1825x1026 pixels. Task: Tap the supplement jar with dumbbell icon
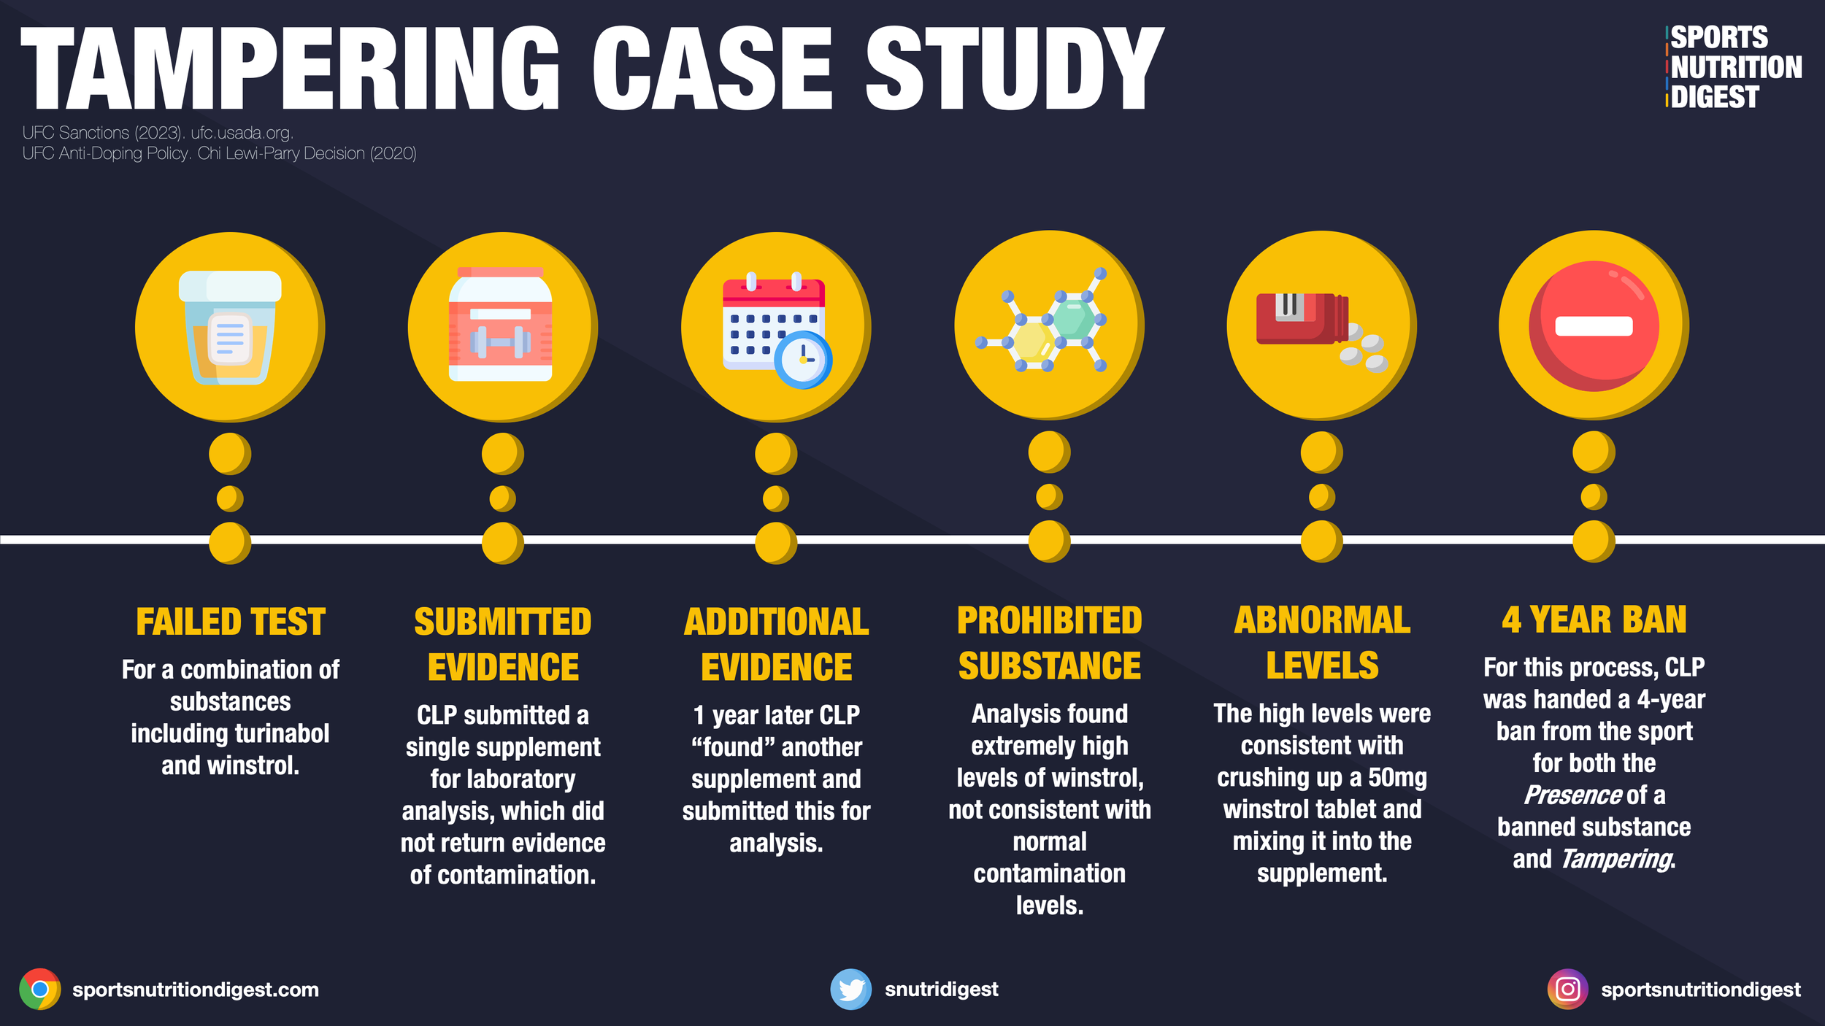point(501,325)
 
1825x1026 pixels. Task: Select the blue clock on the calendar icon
point(803,360)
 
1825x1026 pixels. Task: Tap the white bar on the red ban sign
point(1594,326)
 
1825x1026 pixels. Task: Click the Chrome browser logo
point(40,990)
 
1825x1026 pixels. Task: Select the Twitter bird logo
point(850,990)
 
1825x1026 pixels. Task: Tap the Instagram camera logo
point(1567,990)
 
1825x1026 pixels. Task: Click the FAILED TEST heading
point(230,622)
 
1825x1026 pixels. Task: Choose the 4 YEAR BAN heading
point(1594,620)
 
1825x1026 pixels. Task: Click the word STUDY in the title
point(1015,69)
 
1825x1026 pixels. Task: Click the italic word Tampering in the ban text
point(1616,860)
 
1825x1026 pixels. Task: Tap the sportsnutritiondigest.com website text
point(196,990)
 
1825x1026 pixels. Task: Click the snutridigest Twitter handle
point(941,990)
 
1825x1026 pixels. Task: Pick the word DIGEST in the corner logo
point(1715,97)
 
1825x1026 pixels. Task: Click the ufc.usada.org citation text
point(242,133)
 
